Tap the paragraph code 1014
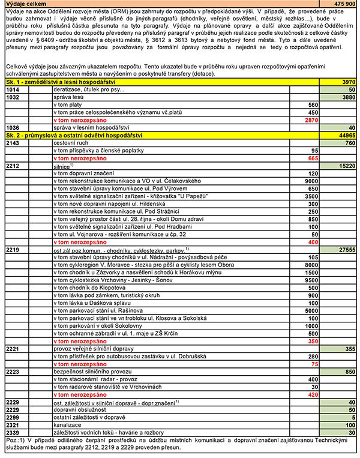(13, 89)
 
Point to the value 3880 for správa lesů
(347, 97)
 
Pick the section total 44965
(345, 136)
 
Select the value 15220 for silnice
(346, 166)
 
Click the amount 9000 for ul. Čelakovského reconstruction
(310, 181)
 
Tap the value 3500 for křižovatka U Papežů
(310, 196)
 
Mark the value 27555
(346, 249)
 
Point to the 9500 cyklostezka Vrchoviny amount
(310, 279)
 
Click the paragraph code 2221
(13, 348)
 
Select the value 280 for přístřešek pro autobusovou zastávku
(312, 356)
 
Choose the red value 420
(312, 394)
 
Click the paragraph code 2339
(13, 432)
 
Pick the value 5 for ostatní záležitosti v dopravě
(353, 417)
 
